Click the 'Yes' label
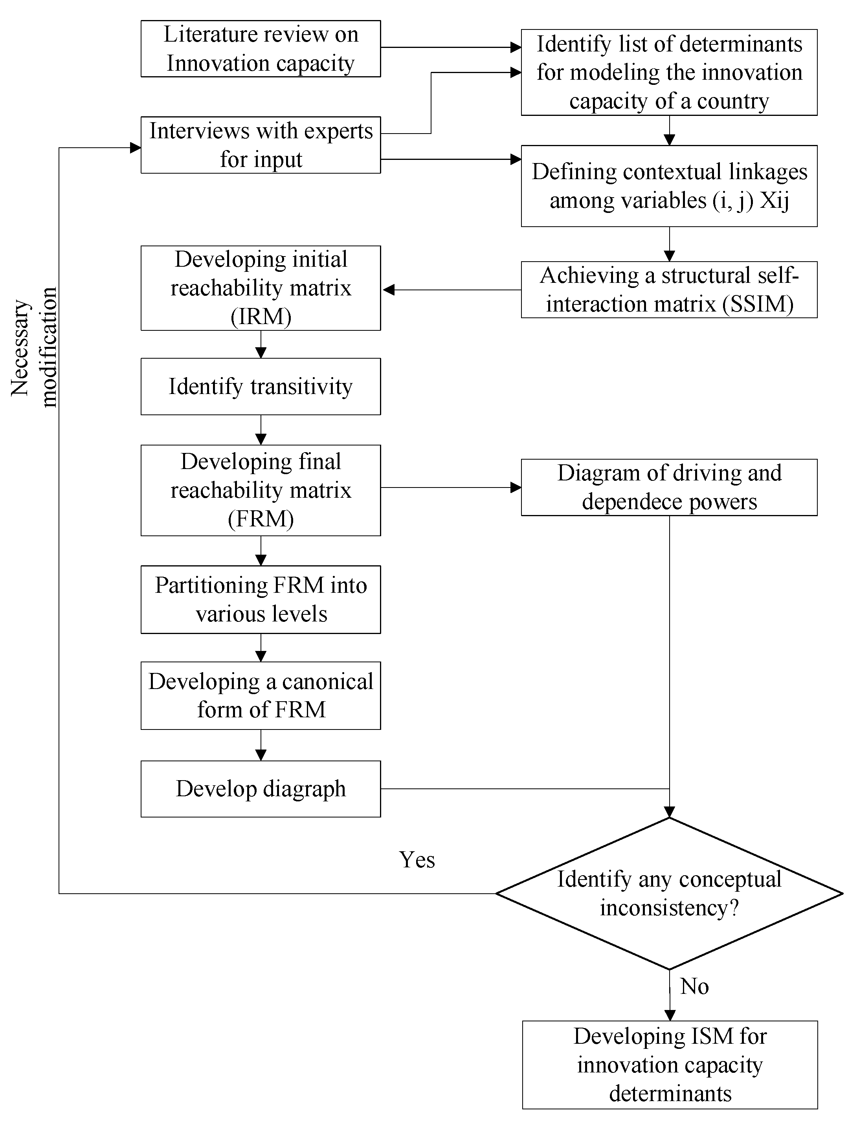pyautogui.click(x=417, y=860)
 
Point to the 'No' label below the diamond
pyautogui.click(x=694, y=986)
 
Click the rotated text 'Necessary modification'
pyautogui.click(x=34, y=348)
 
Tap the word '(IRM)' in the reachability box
pyautogui.click(x=261, y=316)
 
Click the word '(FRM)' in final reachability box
pyautogui.click(x=261, y=519)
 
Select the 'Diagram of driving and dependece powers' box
pyautogui.click(x=669, y=487)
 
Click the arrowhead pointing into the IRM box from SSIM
pyautogui.click(x=389, y=290)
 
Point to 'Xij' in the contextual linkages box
pyautogui.click(x=774, y=200)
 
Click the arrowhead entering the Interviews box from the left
pyautogui.click(x=136, y=148)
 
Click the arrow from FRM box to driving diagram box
pyautogui.click(x=450, y=488)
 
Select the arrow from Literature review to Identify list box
pyautogui.click(x=450, y=48)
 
